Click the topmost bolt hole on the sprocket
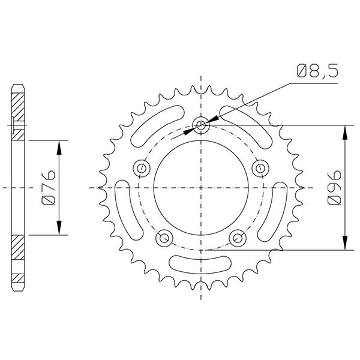coord(202,125)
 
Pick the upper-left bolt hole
coord(142,168)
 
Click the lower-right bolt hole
coord(239,238)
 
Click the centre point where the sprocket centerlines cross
coord(202,188)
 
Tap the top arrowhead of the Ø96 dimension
coord(346,130)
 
